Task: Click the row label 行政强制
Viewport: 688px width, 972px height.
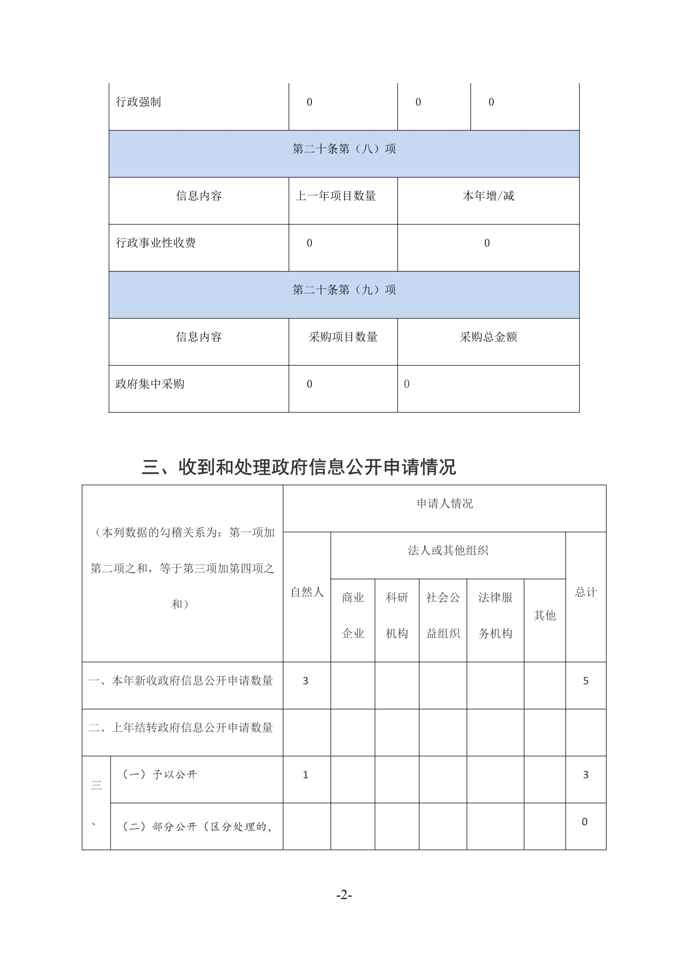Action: (139, 102)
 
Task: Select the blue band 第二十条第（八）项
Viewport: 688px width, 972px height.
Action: (344, 149)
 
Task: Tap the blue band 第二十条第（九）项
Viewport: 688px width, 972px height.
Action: (344, 290)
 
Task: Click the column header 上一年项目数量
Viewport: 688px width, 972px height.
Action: (335, 196)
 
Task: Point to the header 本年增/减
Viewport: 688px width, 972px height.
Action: (488, 196)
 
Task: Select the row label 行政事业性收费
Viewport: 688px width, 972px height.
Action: (156, 243)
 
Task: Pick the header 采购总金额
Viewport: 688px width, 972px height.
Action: (488, 337)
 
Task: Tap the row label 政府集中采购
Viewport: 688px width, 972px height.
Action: (150, 384)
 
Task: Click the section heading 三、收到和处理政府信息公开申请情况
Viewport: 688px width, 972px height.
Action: (299, 467)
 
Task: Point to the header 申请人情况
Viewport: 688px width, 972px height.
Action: (444, 503)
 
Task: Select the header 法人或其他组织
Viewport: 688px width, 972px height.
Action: (448, 550)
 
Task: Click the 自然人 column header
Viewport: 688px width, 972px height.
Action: (307, 592)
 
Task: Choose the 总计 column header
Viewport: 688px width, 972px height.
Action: (585, 592)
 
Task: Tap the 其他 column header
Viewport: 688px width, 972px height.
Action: (545, 615)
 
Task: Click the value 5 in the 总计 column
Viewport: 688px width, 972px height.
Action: (585, 681)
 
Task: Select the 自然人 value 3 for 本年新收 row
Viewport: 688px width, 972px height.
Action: (305, 681)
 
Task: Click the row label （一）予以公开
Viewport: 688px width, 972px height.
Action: (160, 774)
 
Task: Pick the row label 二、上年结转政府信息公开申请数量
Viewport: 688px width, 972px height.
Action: (181, 728)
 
